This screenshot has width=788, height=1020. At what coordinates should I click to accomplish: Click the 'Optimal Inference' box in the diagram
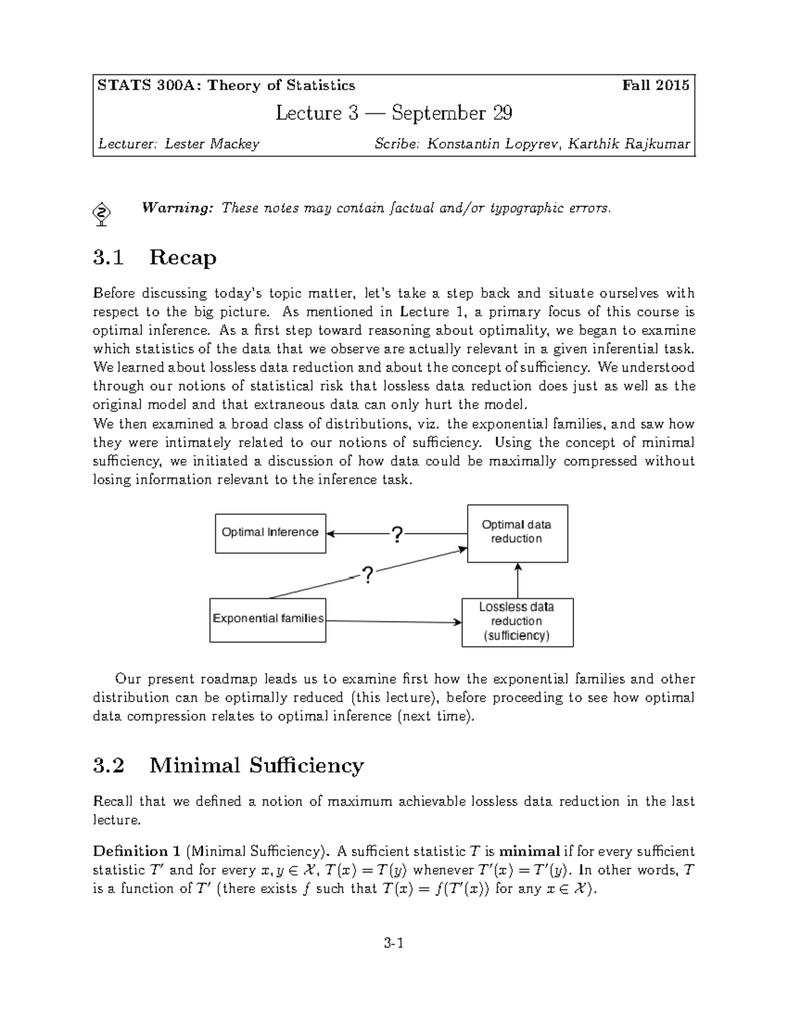pyautogui.click(x=270, y=533)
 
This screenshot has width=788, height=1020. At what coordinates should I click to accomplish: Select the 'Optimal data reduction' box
pyautogui.click(x=517, y=533)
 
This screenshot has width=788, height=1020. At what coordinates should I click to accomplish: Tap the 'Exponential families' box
pyautogui.click(x=267, y=619)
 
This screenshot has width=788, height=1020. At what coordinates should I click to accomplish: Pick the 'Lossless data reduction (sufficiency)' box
pyautogui.click(x=517, y=622)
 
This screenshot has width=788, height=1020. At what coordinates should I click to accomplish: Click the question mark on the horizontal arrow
pyautogui.click(x=397, y=534)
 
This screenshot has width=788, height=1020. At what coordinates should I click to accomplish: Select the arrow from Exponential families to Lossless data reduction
pyautogui.click(x=394, y=621)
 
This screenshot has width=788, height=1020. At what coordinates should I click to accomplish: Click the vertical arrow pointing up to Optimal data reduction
pyautogui.click(x=518, y=580)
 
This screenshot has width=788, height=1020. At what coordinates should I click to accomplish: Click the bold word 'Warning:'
pyautogui.click(x=178, y=208)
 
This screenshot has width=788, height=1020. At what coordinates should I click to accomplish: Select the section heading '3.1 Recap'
pyautogui.click(x=154, y=257)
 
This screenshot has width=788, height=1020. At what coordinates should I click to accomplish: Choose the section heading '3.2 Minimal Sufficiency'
pyautogui.click(x=228, y=766)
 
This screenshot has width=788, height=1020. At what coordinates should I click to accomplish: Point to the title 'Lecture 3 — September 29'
pyautogui.click(x=393, y=114)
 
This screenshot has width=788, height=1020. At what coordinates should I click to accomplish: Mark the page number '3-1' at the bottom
pyautogui.click(x=393, y=944)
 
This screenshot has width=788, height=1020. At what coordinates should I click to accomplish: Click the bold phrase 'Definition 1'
pyautogui.click(x=137, y=852)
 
